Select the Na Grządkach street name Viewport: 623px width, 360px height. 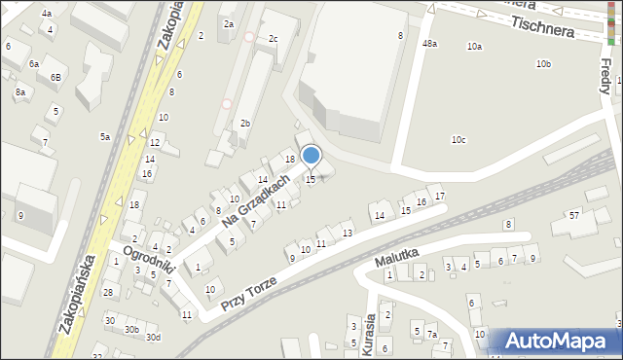pyautogui.click(x=256, y=200)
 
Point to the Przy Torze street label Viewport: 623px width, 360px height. pyautogui.click(x=248, y=292)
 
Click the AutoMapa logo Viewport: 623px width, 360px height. pyautogui.click(x=555, y=342)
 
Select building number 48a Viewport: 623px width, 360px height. pyautogui.click(x=429, y=44)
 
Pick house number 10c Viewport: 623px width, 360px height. pyautogui.click(x=458, y=140)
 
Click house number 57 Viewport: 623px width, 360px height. pyautogui.click(x=574, y=214)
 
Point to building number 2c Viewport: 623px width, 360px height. pyautogui.click(x=273, y=39)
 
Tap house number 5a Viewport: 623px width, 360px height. pyautogui.click(x=104, y=137)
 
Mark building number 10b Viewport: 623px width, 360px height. pyautogui.click(x=543, y=64)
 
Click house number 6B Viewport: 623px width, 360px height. pyautogui.click(x=55, y=77)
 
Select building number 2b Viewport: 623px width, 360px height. pyautogui.click(x=245, y=124)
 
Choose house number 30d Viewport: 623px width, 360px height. pyautogui.click(x=153, y=338)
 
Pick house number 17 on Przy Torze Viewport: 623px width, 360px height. pyautogui.click(x=440, y=197)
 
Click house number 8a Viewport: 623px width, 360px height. pyautogui.click(x=19, y=92)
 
